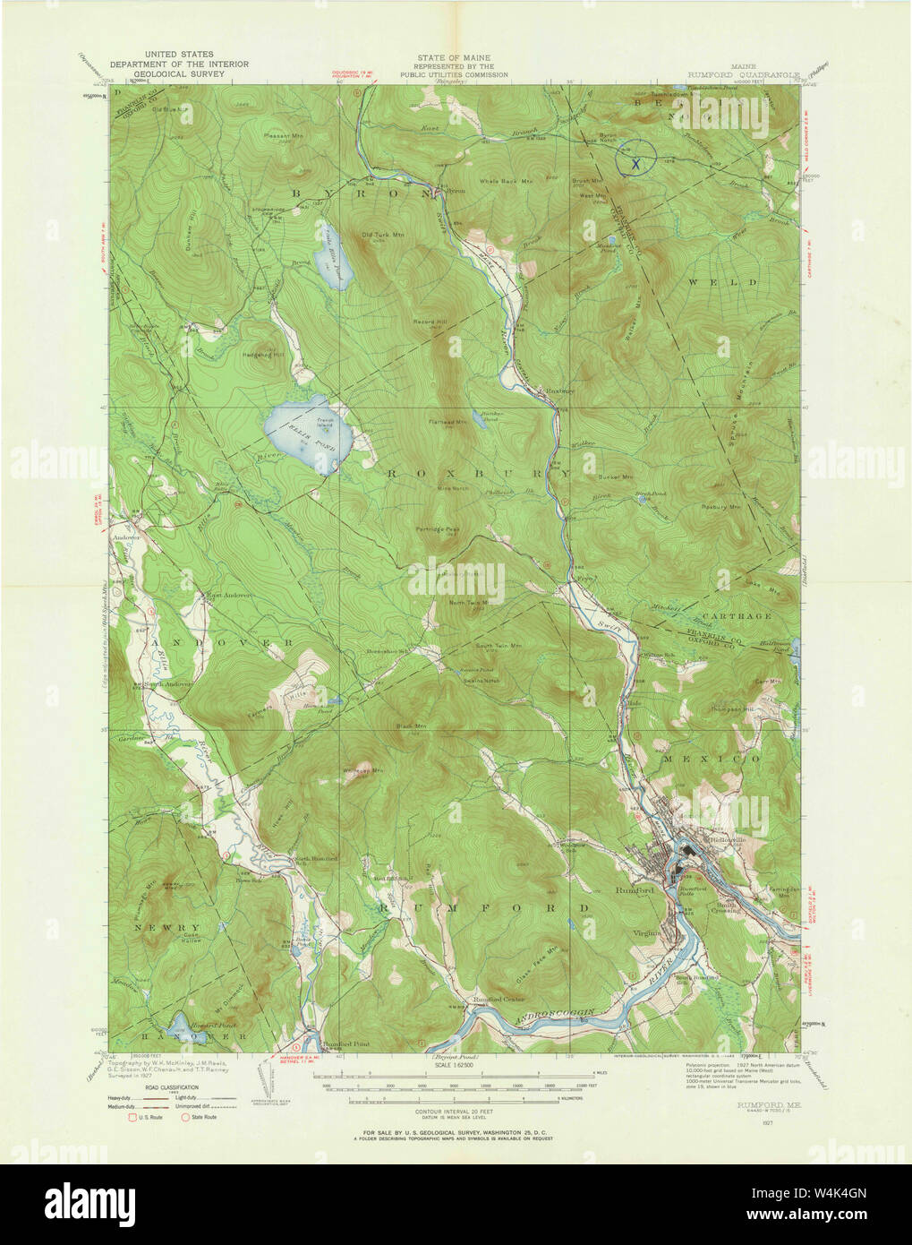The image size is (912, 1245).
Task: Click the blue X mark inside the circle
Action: [635, 164]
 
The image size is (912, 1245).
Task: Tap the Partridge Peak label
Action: [439, 529]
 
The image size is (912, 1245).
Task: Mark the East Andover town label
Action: [228, 595]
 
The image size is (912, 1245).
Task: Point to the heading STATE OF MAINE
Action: [454, 57]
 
